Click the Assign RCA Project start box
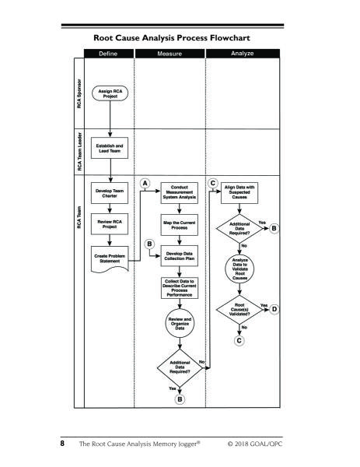[x=110, y=93]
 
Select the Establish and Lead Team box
[x=110, y=148]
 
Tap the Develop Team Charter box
[x=110, y=193]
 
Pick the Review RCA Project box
[x=110, y=224]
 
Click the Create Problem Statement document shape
[x=110, y=258]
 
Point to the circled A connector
[x=145, y=183]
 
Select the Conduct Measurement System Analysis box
[x=180, y=193]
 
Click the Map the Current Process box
[x=180, y=225]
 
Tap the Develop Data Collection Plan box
[x=180, y=256]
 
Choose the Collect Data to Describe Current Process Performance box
[x=180, y=288]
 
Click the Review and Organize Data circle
[x=180, y=323]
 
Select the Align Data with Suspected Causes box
[x=239, y=193]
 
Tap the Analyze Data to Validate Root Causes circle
[x=239, y=269]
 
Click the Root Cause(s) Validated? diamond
[x=239, y=310]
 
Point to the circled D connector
[x=274, y=309]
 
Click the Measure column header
[x=170, y=54]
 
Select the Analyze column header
[x=243, y=53]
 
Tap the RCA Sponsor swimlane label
[x=79, y=93]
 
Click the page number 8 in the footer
[x=62, y=444]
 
